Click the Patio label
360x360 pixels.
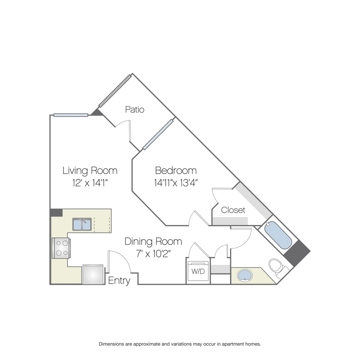tap(135, 109)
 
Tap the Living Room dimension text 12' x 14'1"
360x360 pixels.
tap(90, 183)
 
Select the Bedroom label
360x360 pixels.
tap(176, 170)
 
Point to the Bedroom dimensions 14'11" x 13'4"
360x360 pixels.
tap(176, 183)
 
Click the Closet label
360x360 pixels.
tap(233, 210)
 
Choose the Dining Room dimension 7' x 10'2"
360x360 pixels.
tap(153, 254)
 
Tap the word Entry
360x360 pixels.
tap(119, 281)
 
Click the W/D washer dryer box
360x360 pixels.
tap(198, 271)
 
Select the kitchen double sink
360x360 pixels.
tap(82, 224)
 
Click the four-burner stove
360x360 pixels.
tap(61, 248)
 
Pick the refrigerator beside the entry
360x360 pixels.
tap(93, 274)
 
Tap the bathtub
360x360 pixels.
tap(278, 235)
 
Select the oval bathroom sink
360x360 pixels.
tap(245, 275)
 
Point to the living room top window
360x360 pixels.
tap(71, 115)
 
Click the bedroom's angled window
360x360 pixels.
tap(158, 134)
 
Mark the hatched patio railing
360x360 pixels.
tap(115, 91)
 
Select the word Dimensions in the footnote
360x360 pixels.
tap(112, 344)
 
